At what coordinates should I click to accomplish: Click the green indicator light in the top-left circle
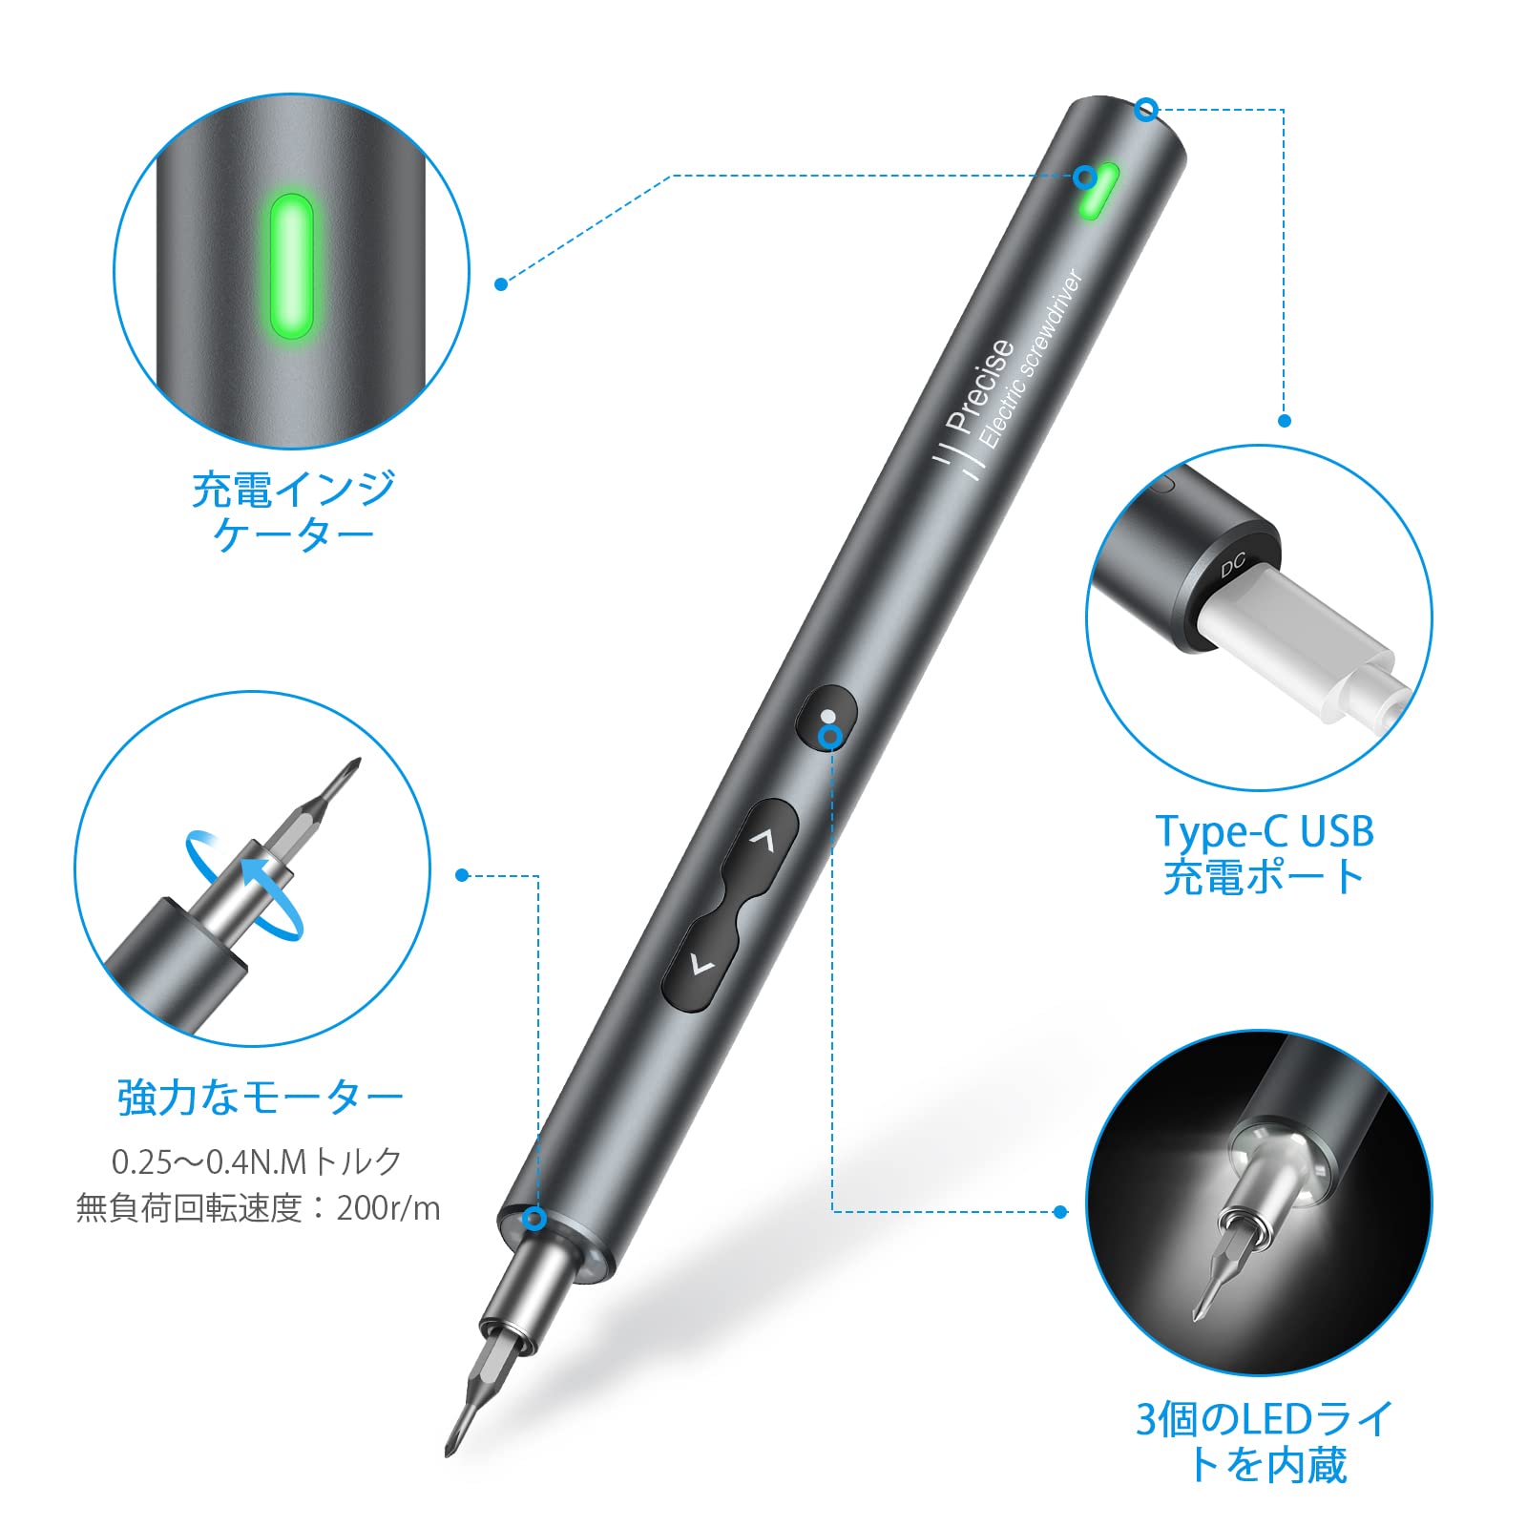pyautogui.click(x=292, y=266)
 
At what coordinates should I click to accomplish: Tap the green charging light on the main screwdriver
pyautogui.click(x=1099, y=190)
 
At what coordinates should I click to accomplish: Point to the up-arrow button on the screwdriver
pyautogui.click(x=762, y=840)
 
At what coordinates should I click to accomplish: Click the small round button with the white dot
pyautogui.click(x=826, y=716)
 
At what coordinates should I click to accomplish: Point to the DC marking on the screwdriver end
pyautogui.click(x=1233, y=565)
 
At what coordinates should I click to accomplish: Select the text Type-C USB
pyautogui.click(x=1264, y=831)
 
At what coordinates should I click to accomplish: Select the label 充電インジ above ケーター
pyautogui.click(x=293, y=491)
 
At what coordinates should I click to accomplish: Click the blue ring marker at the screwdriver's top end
pyautogui.click(x=1146, y=110)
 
